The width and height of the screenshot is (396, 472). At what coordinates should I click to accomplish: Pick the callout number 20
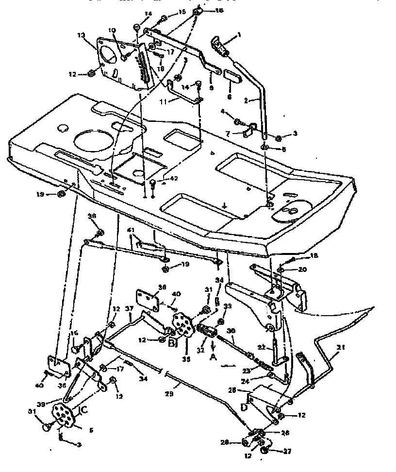tap(302, 269)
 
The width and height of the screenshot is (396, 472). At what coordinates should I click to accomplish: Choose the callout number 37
tap(130, 309)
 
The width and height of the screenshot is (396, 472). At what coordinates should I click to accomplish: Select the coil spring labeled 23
tap(260, 361)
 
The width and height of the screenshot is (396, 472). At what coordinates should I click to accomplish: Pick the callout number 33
tap(228, 306)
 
